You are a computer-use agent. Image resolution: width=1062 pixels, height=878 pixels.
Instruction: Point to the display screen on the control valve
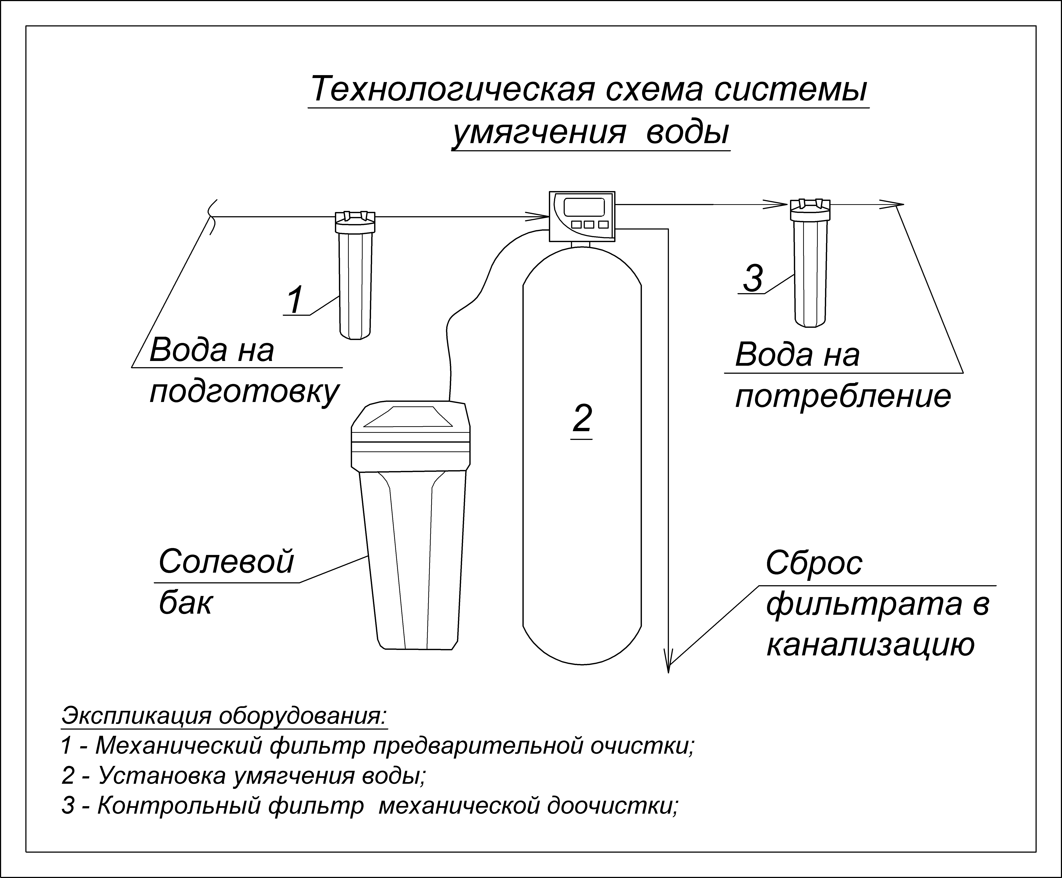584,207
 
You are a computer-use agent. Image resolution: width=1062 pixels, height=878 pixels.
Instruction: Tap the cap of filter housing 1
354,218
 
